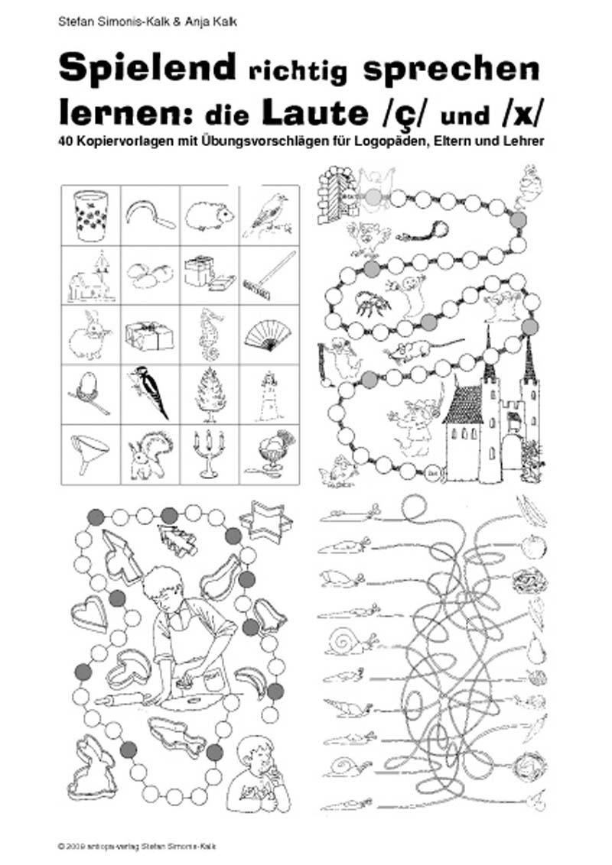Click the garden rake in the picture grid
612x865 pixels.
[269, 274]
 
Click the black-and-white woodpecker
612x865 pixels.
[151, 390]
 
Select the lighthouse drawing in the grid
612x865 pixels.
[269, 389]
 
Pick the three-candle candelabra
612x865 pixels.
[210, 451]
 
